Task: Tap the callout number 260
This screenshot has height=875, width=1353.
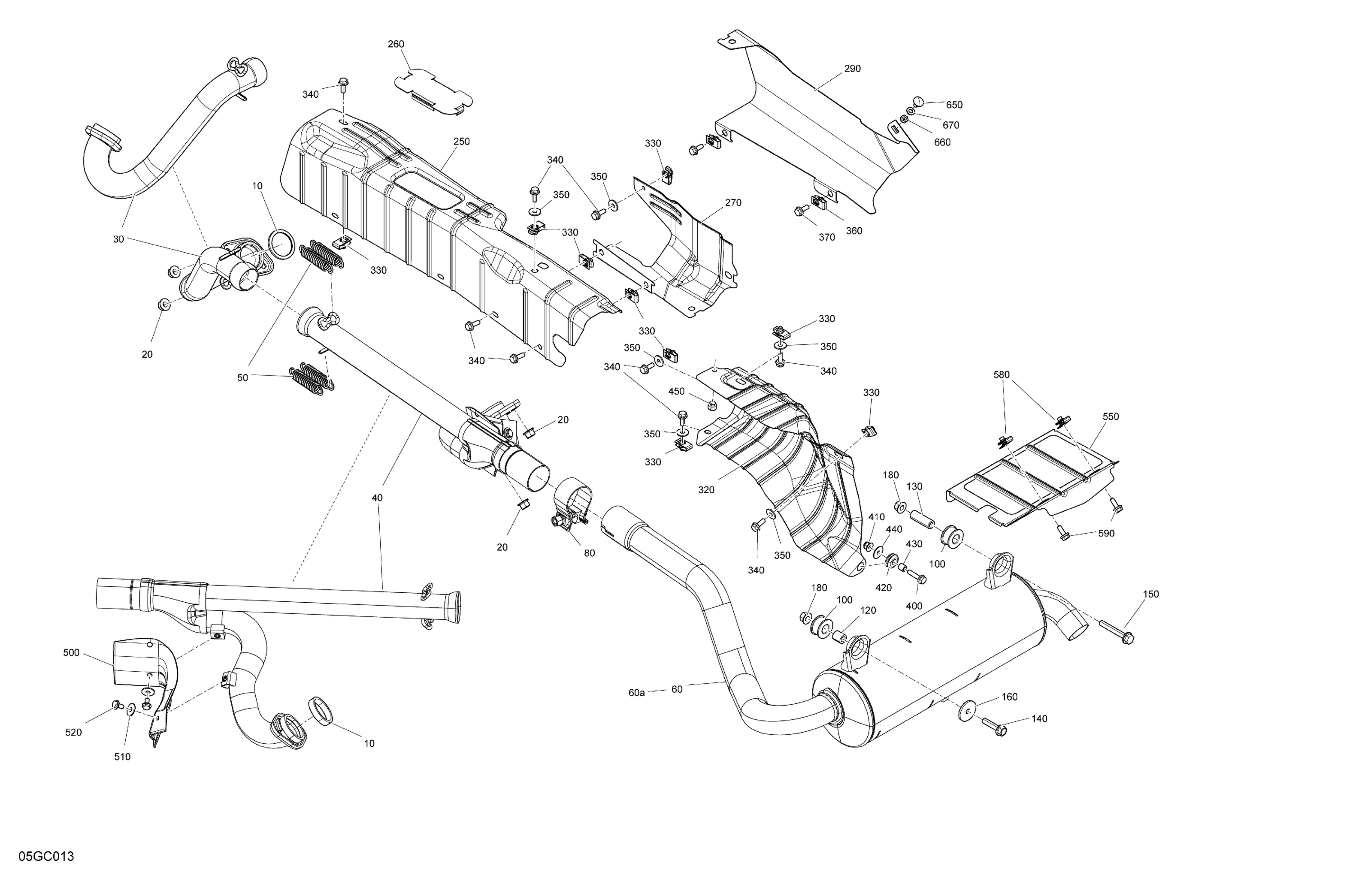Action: [x=396, y=44]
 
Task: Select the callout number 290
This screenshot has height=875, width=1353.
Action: [x=852, y=69]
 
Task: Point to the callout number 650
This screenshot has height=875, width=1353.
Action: [x=954, y=105]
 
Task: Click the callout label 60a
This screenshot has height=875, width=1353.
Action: [x=637, y=692]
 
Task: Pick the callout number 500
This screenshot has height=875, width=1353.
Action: [x=71, y=653]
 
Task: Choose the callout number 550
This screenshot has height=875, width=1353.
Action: [x=1110, y=417]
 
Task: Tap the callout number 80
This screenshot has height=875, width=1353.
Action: [x=589, y=553]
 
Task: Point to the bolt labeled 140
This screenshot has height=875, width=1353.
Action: [x=994, y=726]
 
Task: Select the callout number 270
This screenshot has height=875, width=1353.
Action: [x=733, y=202]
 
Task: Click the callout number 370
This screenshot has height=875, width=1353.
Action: [x=827, y=238]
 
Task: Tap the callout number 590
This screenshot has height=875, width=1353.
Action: [x=1106, y=534]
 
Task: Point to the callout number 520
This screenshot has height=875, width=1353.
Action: [x=74, y=733]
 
